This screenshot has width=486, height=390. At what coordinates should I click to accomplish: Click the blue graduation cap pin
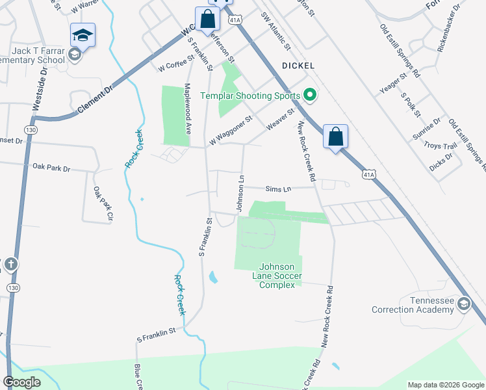[x=83, y=35]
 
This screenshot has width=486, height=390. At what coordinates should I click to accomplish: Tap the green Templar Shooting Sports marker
[x=310, y=96]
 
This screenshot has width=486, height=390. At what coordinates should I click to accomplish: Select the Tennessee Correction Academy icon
[x=463, y=304]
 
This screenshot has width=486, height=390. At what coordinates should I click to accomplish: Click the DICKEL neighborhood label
[x=298, y=66]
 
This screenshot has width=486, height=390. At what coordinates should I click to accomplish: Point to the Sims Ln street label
[x=278, y=188]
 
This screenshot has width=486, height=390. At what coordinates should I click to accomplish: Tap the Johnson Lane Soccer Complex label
[x=277, y=276]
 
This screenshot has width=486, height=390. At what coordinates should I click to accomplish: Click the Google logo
[x=22, y=382]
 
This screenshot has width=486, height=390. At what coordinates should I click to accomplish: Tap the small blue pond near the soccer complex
[x=213, y=278]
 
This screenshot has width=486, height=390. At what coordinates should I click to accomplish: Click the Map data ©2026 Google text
[x=445, y=385]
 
